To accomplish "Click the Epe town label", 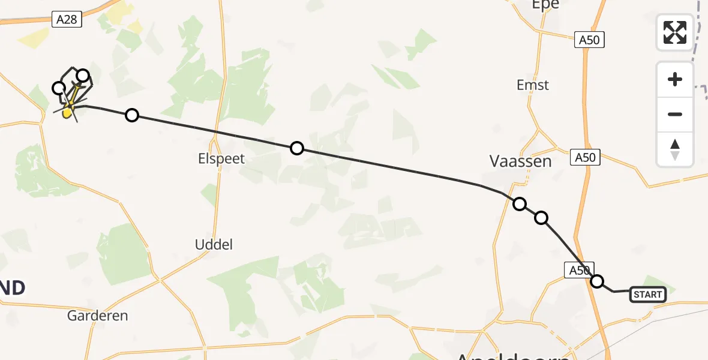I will (545, 5).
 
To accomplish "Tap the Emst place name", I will (533, 85).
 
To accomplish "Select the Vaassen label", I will (520, 161).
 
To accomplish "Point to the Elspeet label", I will (223, 160).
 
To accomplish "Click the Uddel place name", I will (214, 245).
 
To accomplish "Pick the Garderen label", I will (98, 315).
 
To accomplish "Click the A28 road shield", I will (67, 20).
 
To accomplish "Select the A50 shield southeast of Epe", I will (589, 40).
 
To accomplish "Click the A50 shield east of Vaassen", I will (586, 158).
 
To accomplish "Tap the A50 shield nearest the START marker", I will (580, 271).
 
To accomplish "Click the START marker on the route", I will (648, 294).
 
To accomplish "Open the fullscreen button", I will (675, 32).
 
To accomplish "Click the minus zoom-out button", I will (675, 114).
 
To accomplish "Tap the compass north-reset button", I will (675, 149).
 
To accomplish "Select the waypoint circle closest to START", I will (597, 281).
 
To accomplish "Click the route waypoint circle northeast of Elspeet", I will (297, 148).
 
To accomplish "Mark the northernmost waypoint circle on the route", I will (83, 76).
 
